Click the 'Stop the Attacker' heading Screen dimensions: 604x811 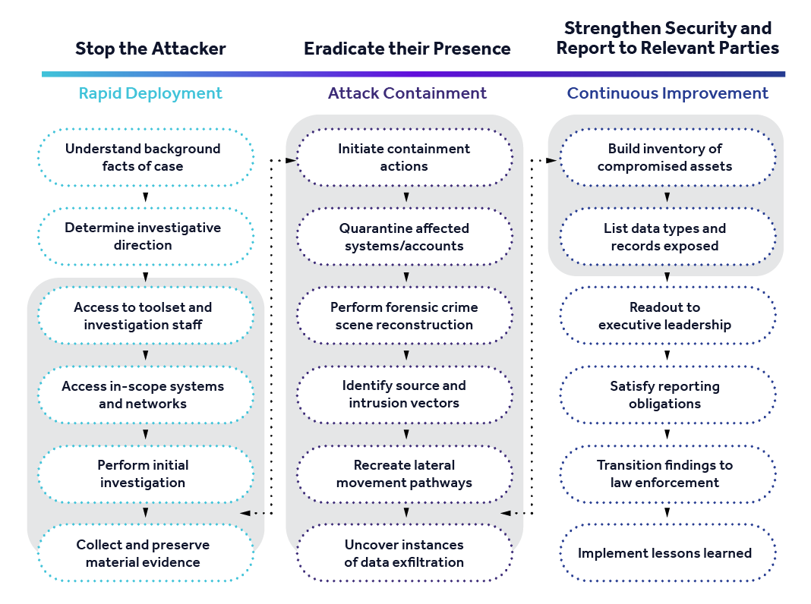click(x=150, y=49)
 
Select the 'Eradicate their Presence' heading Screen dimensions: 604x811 click(x=407, y=49)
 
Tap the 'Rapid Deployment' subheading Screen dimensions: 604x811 click(x=150, y=93)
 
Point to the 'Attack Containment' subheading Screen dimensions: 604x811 click(x=407, y=93)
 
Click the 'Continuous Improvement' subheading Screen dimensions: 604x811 click(x=667, y=93)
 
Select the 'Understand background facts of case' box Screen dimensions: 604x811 click(x=143, y=157)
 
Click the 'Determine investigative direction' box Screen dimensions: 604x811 click(x=143, y=236)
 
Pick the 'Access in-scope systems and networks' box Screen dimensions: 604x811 click(x=143, y=395)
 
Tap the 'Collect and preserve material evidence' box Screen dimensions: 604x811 click(x=143, y=553)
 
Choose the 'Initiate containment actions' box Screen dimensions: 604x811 click(x=404, y=157)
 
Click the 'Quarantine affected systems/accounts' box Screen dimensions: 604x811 click(x=404, y=237)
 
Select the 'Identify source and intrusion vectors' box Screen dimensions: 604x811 click(x=404, y=395)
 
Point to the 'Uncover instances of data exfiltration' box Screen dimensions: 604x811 click(x=404, y=553)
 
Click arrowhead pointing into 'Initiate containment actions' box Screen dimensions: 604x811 click(x=292, y=160)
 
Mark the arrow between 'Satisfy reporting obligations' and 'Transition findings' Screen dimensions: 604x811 click(x=667, y=434)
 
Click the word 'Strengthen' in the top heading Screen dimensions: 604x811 click(x=611, y=28)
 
